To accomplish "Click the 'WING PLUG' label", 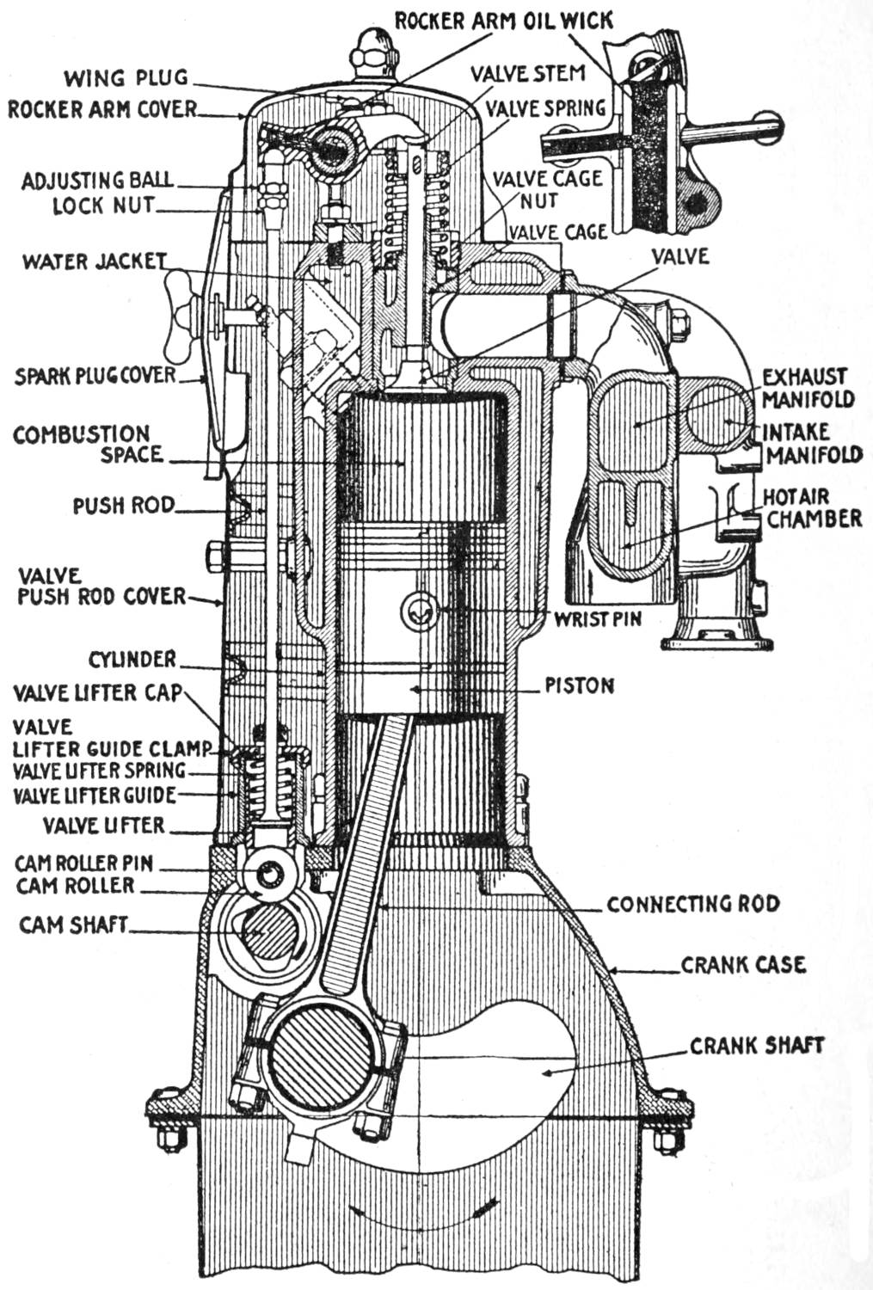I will tap(126, 78).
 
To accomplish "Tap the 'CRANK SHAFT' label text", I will tap(756, 1045).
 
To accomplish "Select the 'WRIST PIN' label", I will tap(597, 617).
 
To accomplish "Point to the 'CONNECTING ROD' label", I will tap(692, 904).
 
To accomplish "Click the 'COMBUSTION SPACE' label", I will tap(82, 444).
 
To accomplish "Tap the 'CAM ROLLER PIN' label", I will tap(83, 863).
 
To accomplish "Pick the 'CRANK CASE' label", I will tap(743, 965).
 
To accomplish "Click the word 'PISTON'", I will tap(580, 685).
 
